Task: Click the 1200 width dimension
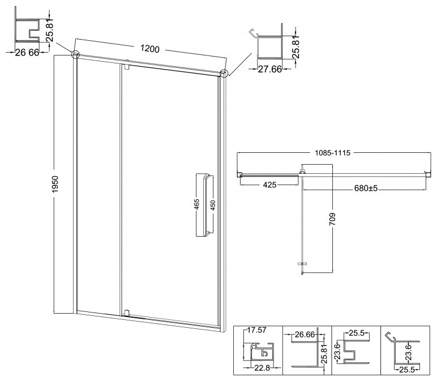[x=149, y=49]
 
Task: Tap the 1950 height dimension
[x=54, y=184]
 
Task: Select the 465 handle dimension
[x=197, y=204]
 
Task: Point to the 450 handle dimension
[x=213, y=206]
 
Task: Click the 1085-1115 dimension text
[x=332, y=153]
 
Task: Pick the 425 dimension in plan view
[x=269, y=185]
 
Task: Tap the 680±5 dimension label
[x=366, y=189]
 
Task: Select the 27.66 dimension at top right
[x=269, y=69]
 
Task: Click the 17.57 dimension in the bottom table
[x=256, y=330]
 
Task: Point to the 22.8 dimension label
[x=262, y=368]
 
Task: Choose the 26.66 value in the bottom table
[x=305, y=334]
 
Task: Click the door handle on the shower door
[x=207, y=206]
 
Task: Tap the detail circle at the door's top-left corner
[x=76, y=54]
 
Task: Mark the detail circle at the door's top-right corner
[x=224, y=73]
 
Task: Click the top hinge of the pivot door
[x=127, y=67]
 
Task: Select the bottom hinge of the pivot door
[x=127, y=312]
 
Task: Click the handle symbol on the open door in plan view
[x=302, y=263]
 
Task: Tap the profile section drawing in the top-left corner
[x=27, y=31]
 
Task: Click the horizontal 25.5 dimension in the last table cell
[x=406, y=370]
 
